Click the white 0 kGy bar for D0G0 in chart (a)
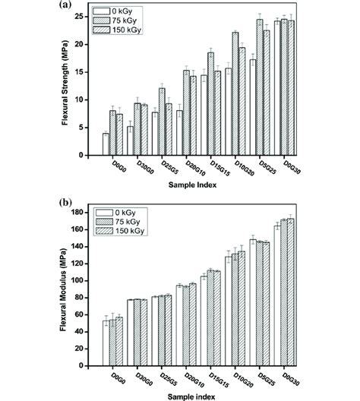[x=106, y=144]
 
